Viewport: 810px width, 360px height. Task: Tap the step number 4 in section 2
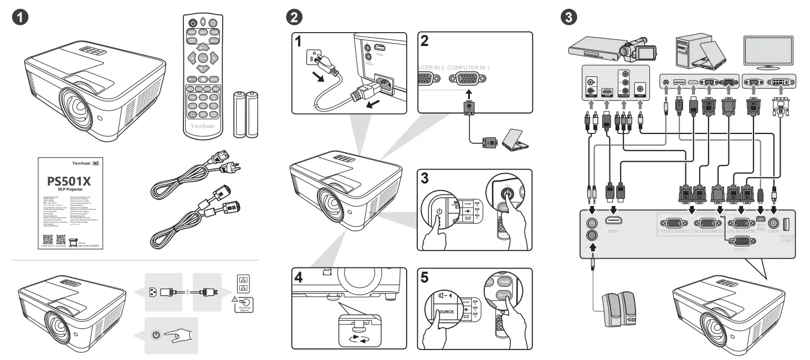[x=299, y=278]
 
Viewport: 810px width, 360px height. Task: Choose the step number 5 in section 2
[x=425, y=278]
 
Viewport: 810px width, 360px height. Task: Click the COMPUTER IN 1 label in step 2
[x=469, y=67]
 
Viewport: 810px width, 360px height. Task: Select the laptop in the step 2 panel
[x=515, y=140]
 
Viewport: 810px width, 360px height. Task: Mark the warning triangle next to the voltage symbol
[x=235, y=300]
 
